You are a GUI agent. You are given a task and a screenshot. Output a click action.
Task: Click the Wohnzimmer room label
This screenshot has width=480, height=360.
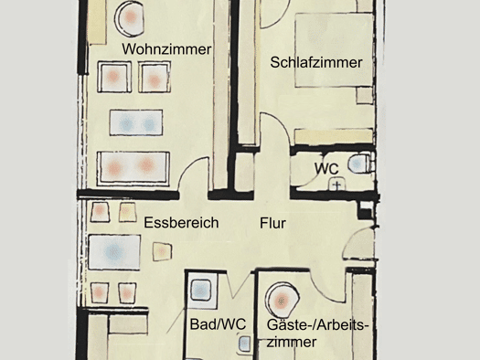point(166,49)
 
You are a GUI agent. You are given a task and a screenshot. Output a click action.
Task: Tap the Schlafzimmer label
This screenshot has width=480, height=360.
point(316,62)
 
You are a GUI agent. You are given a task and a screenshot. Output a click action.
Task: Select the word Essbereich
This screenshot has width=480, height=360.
point(181,223)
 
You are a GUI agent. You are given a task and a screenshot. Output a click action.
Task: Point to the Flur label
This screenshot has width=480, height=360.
point(272,223)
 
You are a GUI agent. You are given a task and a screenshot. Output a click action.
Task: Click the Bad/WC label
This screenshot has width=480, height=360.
point(218,324)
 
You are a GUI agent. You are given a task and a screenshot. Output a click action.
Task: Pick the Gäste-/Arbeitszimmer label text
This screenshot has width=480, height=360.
point(316,334)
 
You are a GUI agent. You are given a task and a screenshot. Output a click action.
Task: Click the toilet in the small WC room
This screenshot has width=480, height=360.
point(361,163)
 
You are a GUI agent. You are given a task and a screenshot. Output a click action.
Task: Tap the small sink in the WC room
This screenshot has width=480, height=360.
point(336,185)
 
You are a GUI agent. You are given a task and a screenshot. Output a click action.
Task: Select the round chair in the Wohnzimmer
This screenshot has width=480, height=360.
point(130,17)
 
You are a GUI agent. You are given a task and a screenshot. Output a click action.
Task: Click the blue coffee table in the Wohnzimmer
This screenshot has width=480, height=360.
point(136,122)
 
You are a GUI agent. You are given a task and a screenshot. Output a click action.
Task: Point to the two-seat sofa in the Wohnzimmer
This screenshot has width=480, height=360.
point(133,168)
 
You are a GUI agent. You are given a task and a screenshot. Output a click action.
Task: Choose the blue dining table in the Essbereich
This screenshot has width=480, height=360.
point(114,252)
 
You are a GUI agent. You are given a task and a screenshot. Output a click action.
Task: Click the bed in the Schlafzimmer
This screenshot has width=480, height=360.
point(335,50)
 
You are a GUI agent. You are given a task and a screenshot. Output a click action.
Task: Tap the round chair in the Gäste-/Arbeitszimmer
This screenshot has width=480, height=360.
point(282,301)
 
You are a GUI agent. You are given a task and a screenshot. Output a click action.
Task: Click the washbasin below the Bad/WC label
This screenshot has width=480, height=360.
point(244,344)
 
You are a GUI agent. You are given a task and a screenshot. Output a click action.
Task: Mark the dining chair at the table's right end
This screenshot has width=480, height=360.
point(162,251)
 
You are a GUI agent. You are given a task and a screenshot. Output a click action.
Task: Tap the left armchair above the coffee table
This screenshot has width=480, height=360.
point(114,77)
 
